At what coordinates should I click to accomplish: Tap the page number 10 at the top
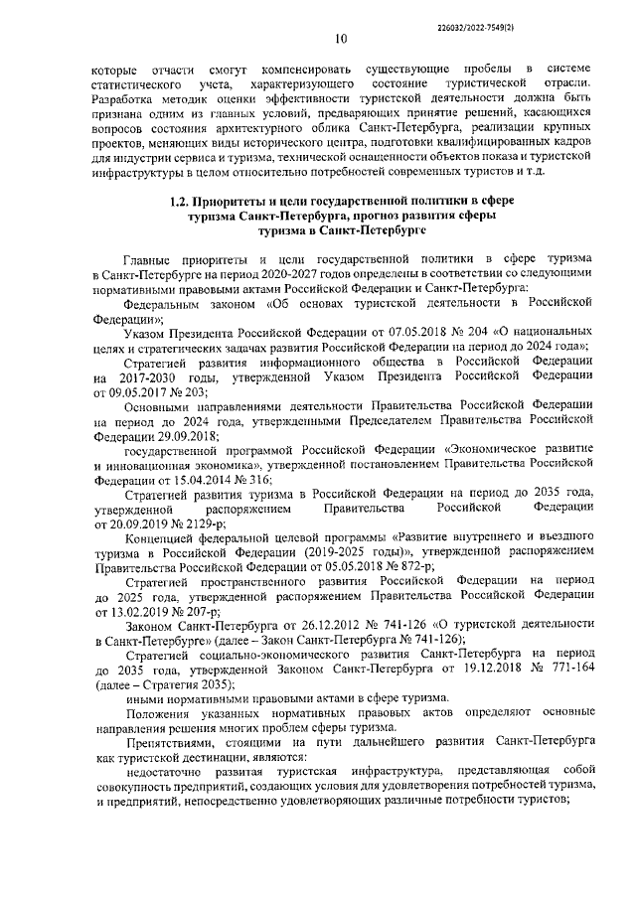pyautogui.click(x=341, y=40)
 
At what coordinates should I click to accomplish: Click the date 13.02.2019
pyautogui.click(x=134, y=614)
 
